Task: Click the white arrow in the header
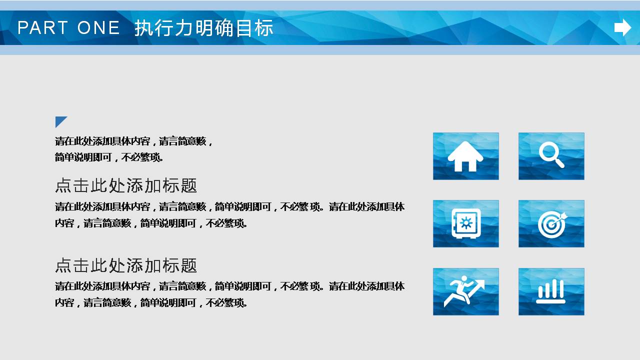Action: click(x=622, y=27)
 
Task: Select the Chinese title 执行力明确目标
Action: click(x=203, y=28)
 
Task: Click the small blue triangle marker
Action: click(x=60, y=121)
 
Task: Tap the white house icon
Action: click(x=465, y=156)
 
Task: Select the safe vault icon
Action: click(x=466, y=223)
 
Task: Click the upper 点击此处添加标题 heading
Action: click(x=126, y=186)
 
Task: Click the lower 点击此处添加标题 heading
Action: click(x=126, y=265)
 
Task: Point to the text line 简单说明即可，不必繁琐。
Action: click(x=109, y=157)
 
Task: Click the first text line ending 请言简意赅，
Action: click(x=133, y=141)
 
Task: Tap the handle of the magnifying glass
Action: click(x=559, y=162)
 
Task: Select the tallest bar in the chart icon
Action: click(x=555, y=288)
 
